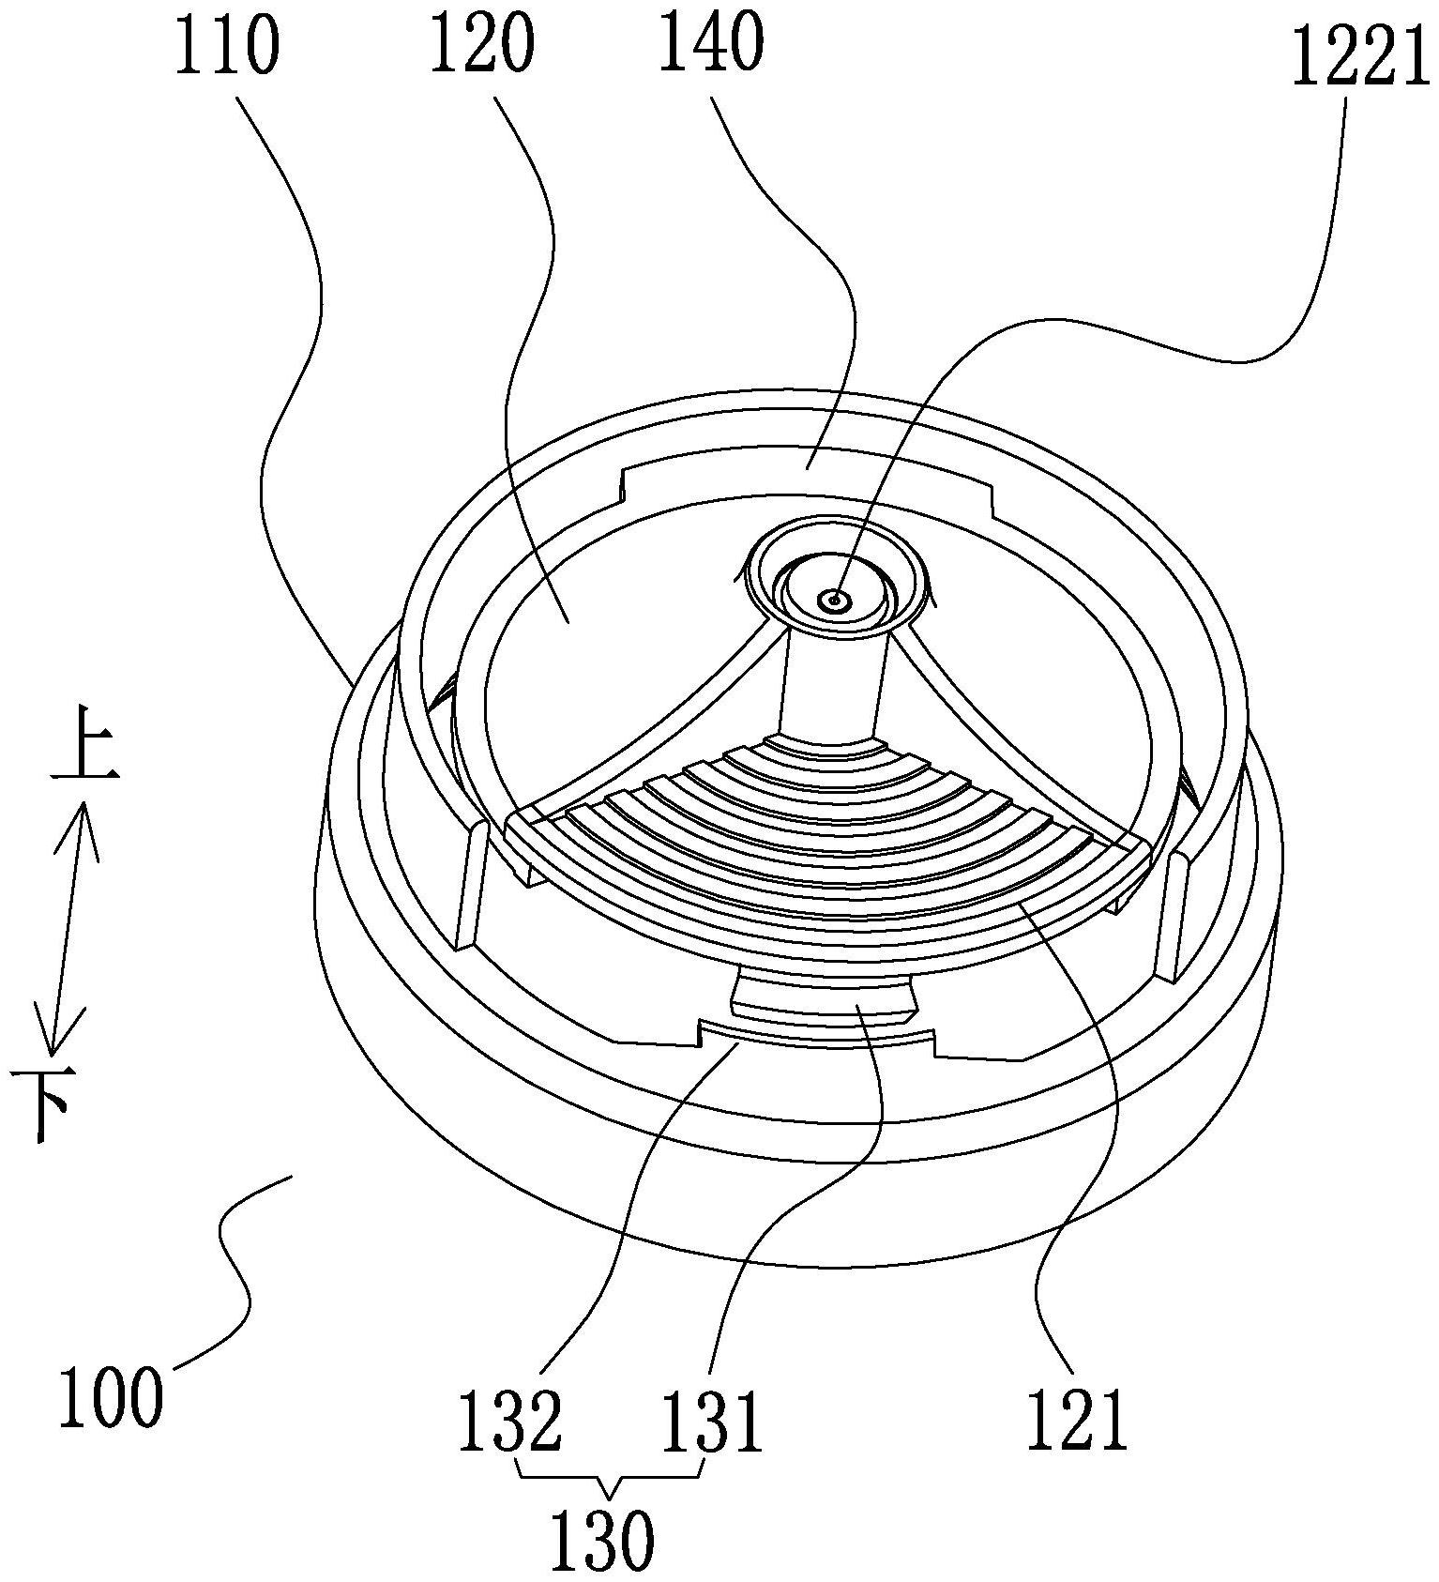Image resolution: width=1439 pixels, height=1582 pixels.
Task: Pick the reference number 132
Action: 509,1420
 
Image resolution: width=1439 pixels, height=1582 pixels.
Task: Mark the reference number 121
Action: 1076,1420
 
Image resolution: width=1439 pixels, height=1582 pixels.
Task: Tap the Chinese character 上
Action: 84,755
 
